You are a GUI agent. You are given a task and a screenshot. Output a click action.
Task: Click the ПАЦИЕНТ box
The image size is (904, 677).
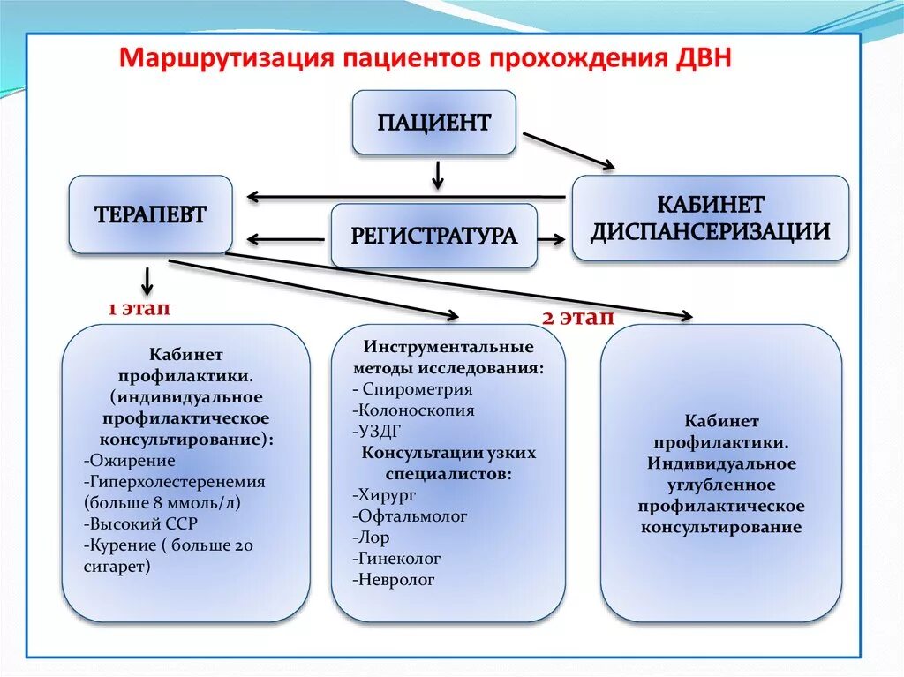tap(433, 123)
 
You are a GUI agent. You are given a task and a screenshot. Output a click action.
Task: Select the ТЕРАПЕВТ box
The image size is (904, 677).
tap(150, 214)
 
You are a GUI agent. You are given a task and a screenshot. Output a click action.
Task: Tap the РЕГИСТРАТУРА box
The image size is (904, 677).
tap(433, 236)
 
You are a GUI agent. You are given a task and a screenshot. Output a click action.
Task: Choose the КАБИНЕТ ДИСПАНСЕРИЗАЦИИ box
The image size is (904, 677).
tap(710, 218)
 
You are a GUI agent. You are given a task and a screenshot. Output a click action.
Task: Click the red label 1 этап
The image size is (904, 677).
tap(139, 308)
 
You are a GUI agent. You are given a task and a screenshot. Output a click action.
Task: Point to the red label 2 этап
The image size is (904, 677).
tap(577, 318)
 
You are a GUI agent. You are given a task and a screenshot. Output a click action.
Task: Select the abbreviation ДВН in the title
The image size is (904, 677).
tap(699, 61)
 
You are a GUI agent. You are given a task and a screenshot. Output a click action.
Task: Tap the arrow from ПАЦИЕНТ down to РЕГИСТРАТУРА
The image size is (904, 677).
tap(437, 175)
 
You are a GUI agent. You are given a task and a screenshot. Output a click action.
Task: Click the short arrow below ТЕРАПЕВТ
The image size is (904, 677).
tap(147, 282)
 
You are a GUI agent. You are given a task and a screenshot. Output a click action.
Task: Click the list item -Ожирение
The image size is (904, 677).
tap(130, 461)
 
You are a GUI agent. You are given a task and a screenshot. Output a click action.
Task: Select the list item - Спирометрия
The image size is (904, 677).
tap(412, 389)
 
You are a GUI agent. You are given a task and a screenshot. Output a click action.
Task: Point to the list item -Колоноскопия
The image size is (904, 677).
tap(414, 410)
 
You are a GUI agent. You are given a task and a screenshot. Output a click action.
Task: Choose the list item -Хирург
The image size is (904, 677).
tap(385, 495)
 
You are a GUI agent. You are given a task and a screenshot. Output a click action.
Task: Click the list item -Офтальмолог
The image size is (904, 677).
tap(410, 516)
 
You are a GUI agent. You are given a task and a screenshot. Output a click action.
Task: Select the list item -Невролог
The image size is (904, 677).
tap(394, 580)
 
